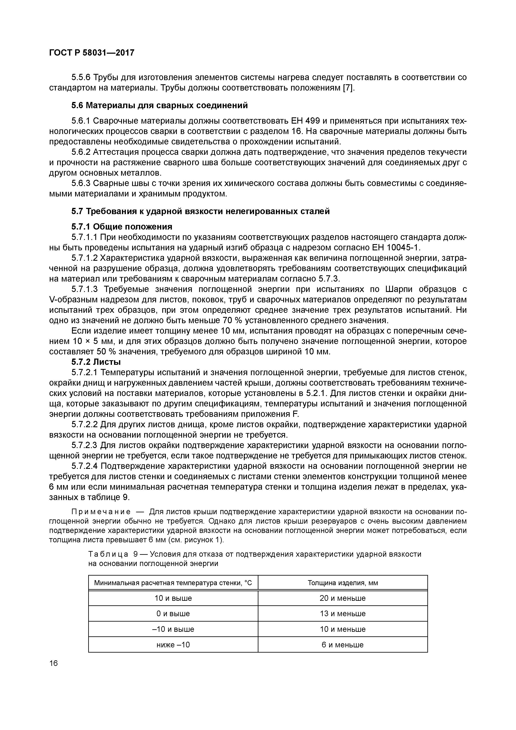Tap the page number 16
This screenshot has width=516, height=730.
[54, 663]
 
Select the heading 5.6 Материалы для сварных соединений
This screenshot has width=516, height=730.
[159, 105]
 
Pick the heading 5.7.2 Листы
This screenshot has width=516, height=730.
[96, 362]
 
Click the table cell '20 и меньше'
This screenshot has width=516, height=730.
[342, 598]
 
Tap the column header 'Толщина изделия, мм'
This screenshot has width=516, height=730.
[342, 583]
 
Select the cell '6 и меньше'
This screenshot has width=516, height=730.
[342, 645]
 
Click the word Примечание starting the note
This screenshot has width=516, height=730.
[100, 512]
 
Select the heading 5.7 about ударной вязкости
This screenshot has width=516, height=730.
[200, 211]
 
